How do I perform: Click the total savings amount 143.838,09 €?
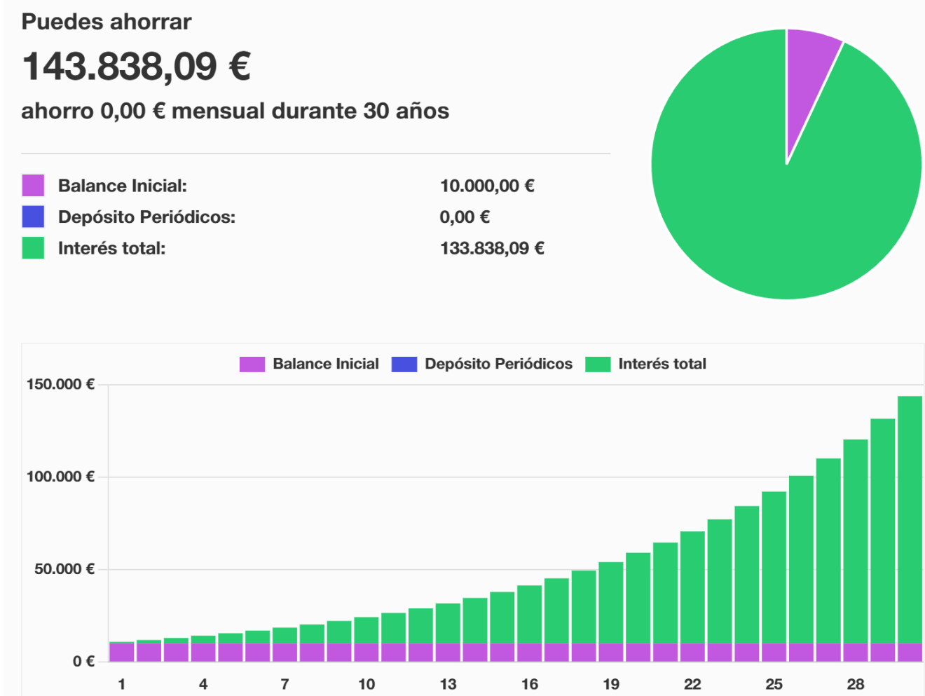pos(137,67)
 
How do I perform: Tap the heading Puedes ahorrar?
pos(107,22)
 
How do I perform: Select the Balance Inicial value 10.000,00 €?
pos(487,186)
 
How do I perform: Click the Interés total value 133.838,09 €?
pos(492,248)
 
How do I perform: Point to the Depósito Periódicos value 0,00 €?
pos(465,217)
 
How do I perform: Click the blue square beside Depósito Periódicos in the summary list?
pos(33,217)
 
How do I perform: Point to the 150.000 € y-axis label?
pos(60,384)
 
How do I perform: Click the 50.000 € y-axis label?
pos(64,569)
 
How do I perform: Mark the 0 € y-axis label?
pos(83,661)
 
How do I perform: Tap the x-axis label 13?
pos(448,684)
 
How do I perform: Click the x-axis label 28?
pos(856,684)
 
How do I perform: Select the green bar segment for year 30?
pos(910,519)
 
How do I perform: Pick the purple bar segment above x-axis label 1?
pos(121,652)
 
